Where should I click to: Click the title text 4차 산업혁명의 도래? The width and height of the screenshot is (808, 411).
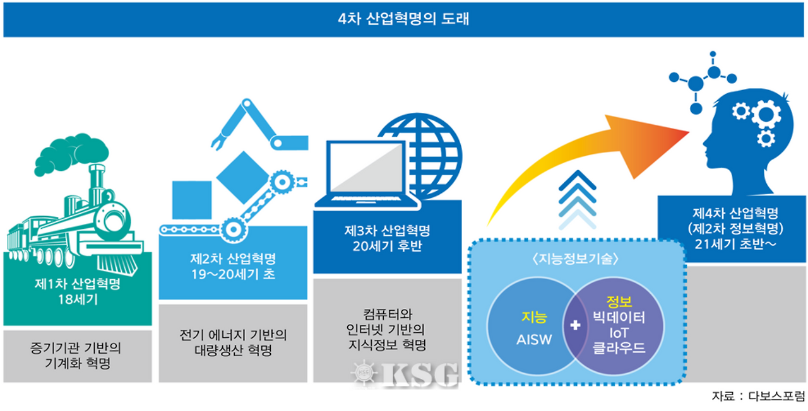tap(403, 19)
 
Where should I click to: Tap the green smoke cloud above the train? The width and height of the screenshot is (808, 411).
tap(71, 154)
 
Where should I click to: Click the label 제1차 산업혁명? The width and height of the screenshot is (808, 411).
tap(78, 284)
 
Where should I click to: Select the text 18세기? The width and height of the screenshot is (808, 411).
tap(78, 299)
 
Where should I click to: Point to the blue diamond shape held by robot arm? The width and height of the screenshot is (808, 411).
tap(243, 178)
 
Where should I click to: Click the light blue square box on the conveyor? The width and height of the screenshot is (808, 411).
tap(192, 200)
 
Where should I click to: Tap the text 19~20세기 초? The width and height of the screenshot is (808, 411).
tap(233, 274)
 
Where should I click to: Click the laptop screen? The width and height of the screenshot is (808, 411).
tap(366, 168)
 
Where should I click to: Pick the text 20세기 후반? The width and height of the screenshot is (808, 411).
tap(388, 246)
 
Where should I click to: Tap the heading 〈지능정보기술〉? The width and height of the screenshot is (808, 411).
tap(576, 258)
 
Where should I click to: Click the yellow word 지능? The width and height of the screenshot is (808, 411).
tap(534, 316)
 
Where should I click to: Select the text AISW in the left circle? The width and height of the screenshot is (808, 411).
tap(534, 340)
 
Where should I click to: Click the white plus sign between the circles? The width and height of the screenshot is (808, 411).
tap(575, 325)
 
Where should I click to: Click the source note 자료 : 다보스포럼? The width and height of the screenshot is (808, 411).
tap(758, 396)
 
